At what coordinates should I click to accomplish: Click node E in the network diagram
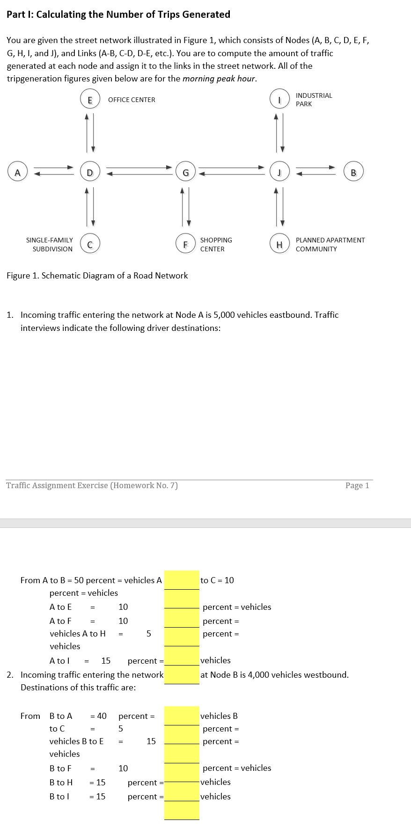[90, 99]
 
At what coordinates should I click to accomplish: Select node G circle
[185, 172]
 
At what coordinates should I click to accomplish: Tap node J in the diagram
[279, 172]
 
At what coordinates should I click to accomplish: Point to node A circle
[17, 172]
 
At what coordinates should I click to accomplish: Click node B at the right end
[353, 172]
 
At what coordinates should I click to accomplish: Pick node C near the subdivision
[90, 244]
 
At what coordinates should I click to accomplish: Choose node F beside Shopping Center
[185, 244]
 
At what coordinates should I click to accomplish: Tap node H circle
[279, 244]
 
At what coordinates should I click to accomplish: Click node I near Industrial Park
[279, 99]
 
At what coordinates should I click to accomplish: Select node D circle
[90, 172]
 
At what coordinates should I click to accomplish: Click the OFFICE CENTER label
[132, 100]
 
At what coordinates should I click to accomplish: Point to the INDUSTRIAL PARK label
[314, 99]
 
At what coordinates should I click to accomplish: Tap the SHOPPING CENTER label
[216, 244]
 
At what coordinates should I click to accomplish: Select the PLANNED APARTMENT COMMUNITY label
[330, 244]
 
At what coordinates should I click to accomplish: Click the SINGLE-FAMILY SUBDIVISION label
[50, 244]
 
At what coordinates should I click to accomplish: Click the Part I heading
[118, 15]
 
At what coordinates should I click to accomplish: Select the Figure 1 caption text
[97, 276]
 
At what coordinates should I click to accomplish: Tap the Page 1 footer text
[357, 485]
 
